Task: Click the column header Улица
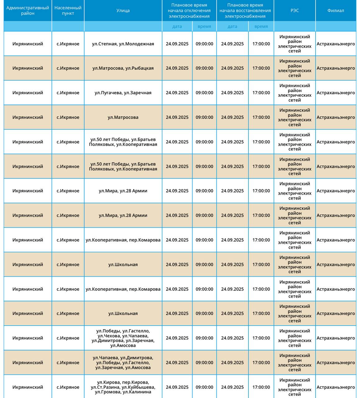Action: click(123, 11)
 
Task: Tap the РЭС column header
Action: click(294, 11)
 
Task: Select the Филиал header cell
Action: click(335, 11)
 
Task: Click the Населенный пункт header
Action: click(68, 11)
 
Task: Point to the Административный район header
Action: click(28, 11)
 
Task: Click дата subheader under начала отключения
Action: click(177, 26)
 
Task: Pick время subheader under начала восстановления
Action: click(261, 26)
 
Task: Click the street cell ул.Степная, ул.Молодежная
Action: click(123, 44)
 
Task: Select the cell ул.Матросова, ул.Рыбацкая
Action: click(123, 68)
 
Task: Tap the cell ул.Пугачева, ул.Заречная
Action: click(123, 93)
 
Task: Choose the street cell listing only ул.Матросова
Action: click(123, 117)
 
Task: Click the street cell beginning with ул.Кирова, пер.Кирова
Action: click(123, 387)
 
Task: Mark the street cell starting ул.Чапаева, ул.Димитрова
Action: click(123, 363)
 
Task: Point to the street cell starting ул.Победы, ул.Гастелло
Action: click(123, 338)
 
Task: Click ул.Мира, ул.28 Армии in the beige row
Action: click(123, 215)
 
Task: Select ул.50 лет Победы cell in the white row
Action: click(123, 142)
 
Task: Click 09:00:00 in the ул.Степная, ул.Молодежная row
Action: click(204, 44)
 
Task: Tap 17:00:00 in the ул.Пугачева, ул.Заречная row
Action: click(261, 93)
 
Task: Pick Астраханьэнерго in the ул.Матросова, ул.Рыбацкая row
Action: click(335, 68)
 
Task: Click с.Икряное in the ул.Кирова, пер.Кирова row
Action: click(68, 387)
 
